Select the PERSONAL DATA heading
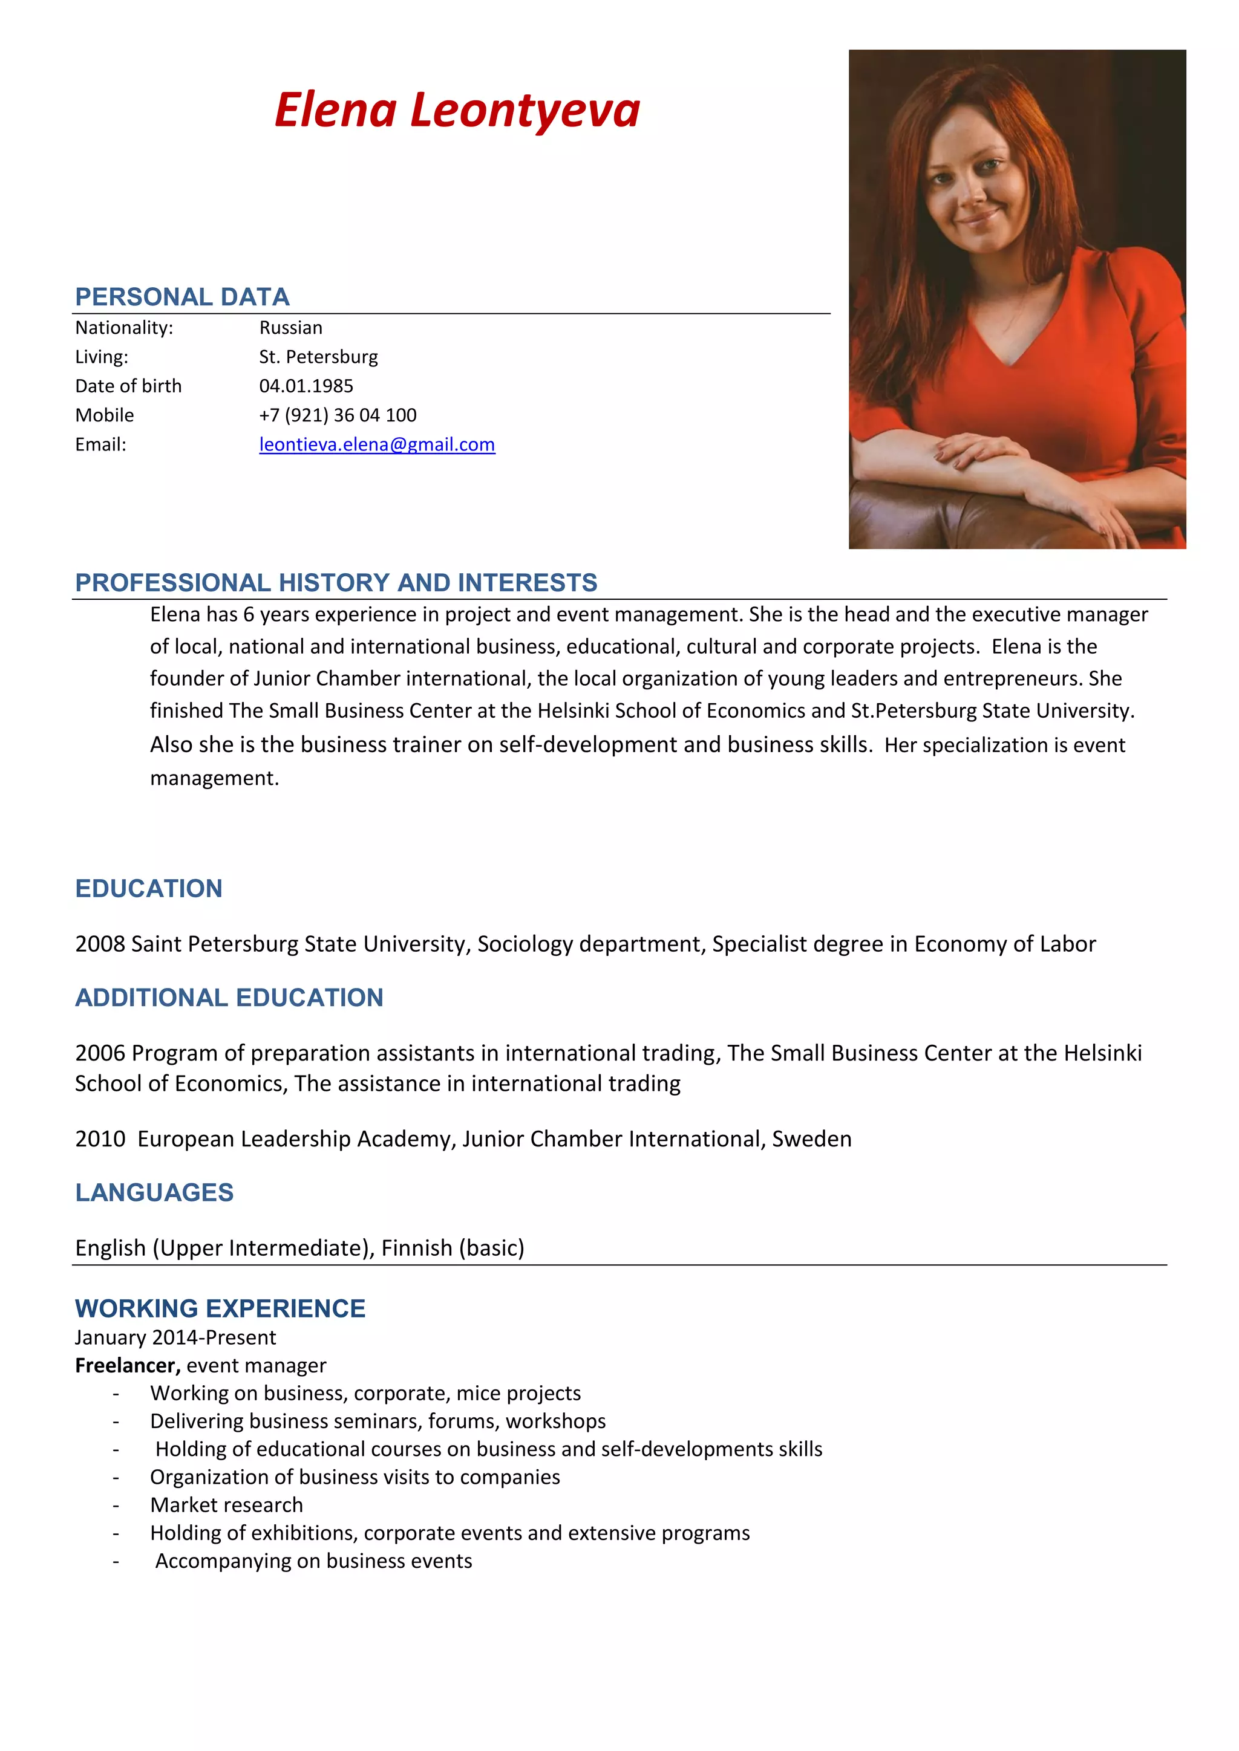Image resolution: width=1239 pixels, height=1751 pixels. tap(181, 297)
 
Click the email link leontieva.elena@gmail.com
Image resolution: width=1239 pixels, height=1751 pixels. tap(377, 444)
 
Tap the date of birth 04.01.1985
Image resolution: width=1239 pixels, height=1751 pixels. tap(306, 386)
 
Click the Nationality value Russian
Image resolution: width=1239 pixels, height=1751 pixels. tap(290, 328)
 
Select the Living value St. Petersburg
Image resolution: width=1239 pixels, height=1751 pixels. tap(318, 357)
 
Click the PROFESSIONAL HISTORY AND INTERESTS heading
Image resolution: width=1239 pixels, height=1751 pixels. tap(336, 583)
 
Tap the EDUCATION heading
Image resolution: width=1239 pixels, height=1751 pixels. tap(149, 888)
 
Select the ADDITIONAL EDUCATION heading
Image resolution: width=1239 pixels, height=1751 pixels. tap(229, 998)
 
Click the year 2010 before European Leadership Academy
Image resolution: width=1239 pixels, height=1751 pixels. tap(100, 1139)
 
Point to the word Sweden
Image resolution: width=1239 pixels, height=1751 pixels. tap(812, 1139)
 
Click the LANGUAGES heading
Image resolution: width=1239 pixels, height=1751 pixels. tap(154, 1193)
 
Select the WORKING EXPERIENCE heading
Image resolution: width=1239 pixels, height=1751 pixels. tap(220, 1308)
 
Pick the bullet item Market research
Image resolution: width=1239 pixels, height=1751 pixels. tap(227, 1505)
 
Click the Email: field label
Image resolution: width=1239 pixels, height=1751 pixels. tap(100, 444)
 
